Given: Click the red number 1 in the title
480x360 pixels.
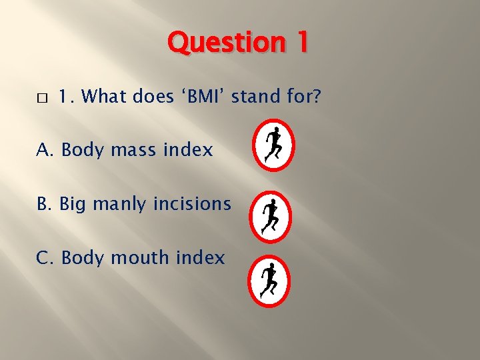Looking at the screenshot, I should coord(301,43).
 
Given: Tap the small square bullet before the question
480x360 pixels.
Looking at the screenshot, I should coord(41,98).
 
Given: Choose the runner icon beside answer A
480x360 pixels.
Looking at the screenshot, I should coord(273,145).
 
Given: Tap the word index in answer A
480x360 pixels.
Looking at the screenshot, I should coord(189,151).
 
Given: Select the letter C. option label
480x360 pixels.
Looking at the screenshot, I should coord(46,257).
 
